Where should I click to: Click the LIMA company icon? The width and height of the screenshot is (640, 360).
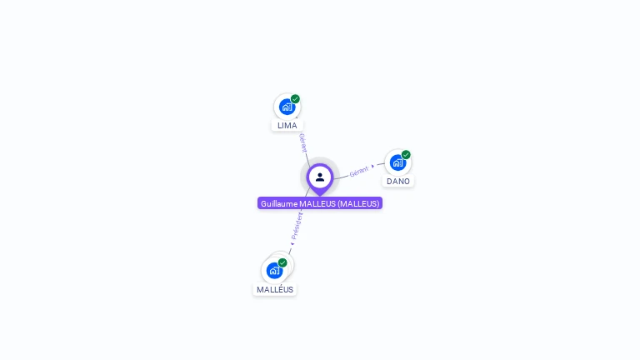point(287,107)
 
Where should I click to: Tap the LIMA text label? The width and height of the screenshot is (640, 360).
point(287,126)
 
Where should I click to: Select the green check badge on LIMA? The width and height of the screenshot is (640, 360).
point(295,99)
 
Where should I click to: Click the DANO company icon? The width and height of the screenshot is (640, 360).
point(397,162)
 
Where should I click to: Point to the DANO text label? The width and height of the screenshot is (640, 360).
point(398,182)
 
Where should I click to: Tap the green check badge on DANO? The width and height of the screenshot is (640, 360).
point(406,155)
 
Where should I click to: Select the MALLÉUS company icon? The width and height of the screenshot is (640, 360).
point(274,270)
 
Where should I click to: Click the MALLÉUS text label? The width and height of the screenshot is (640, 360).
point(275,289)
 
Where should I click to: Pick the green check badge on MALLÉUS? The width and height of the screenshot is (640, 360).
point(282,262)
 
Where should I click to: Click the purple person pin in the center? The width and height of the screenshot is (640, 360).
point(320,177)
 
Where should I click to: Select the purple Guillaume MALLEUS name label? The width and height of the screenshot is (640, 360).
point(320,203)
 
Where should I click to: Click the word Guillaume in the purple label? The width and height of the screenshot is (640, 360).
point(278,203)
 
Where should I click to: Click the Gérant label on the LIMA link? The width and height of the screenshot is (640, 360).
point(302,142)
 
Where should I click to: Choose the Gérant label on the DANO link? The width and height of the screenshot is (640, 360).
point(358,171)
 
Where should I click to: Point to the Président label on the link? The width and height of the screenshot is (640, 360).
point(297,225)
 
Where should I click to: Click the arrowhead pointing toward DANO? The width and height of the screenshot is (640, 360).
point(373,167)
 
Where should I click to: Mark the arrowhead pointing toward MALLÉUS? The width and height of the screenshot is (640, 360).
point(292,243)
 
